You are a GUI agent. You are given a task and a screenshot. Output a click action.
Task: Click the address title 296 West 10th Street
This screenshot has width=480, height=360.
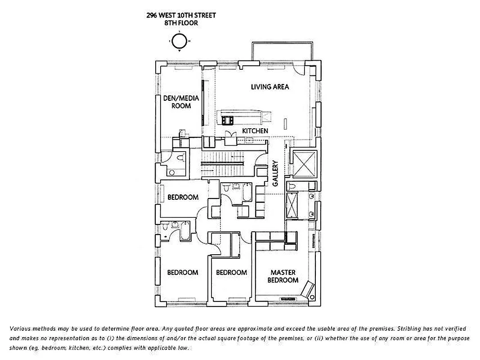181,15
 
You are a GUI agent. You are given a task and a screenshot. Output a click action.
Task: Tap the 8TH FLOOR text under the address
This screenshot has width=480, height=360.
181,23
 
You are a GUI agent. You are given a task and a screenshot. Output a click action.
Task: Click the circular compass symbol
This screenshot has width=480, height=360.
179,41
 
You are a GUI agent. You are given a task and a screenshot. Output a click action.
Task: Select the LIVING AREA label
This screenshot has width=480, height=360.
270,87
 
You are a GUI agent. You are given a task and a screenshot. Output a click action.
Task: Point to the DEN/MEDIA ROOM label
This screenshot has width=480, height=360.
177,102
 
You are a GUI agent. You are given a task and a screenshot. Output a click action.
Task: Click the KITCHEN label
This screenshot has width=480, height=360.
255,131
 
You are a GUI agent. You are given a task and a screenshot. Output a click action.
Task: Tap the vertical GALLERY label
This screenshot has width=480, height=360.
275,173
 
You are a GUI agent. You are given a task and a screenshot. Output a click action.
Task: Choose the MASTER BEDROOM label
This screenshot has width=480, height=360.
283,276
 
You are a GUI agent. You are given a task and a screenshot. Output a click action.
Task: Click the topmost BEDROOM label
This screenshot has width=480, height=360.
183,197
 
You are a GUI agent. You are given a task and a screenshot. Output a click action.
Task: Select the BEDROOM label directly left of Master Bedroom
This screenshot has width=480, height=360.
231,272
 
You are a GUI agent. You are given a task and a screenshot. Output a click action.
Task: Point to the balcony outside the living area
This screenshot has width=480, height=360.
281,52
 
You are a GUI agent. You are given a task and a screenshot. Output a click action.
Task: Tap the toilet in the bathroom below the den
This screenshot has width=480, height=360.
181,158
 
